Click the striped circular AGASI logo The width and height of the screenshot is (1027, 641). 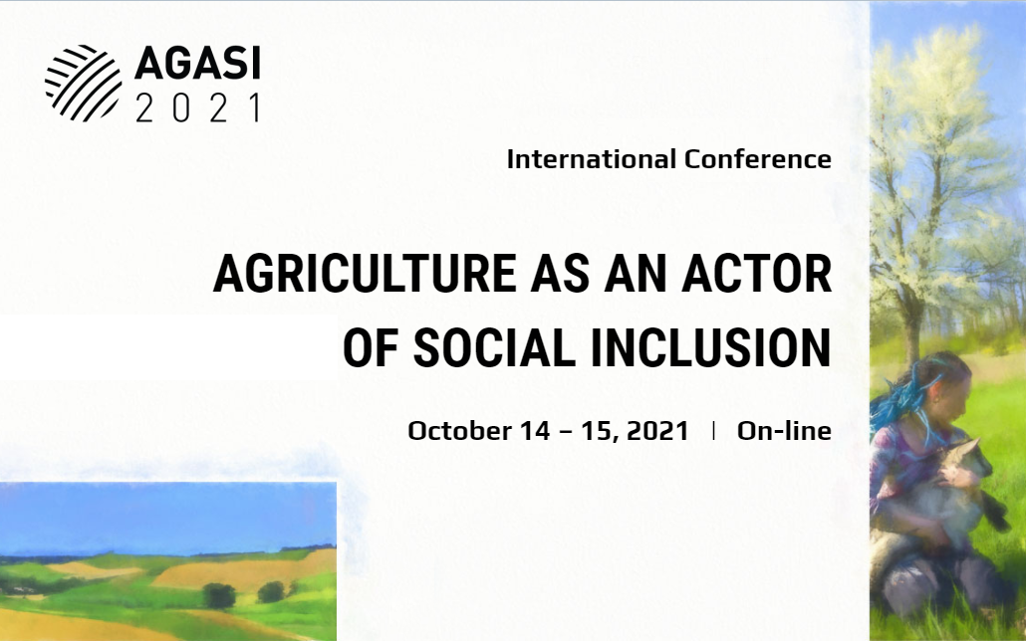84,83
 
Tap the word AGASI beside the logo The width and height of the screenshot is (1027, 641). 198,64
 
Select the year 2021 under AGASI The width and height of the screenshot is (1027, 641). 198,108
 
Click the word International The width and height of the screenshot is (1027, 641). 592,159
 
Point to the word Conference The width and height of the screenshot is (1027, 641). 758,159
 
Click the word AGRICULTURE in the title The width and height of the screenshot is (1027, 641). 365,273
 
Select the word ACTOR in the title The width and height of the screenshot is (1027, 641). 756,273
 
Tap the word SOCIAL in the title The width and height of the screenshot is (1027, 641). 494,347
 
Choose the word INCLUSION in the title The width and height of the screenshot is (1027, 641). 711,347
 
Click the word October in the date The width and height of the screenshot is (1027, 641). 460,431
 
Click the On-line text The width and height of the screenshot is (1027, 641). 784,431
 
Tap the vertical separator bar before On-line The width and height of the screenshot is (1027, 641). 713,430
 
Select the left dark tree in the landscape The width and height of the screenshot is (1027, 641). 219,595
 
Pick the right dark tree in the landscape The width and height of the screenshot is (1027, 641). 272,592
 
